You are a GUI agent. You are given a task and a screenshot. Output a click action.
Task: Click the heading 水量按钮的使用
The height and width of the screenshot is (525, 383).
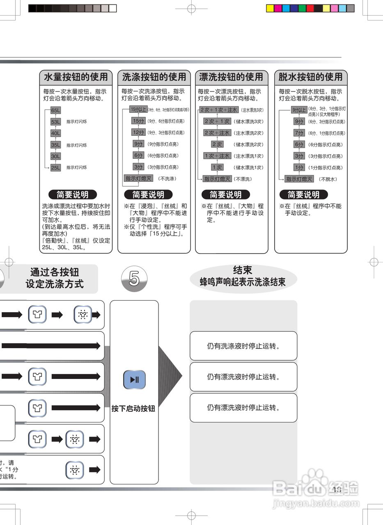(76, 77)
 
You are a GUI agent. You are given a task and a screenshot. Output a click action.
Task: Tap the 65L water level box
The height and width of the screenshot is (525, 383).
(55, 110)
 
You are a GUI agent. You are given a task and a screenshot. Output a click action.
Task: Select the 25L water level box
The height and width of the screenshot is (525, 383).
(55, 167)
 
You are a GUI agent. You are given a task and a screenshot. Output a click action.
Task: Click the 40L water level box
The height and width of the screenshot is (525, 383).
(55, 133)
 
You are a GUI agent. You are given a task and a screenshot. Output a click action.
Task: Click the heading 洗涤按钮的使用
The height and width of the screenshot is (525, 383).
(154, 77)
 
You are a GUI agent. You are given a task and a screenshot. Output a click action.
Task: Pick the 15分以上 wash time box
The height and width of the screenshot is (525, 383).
(138, 109)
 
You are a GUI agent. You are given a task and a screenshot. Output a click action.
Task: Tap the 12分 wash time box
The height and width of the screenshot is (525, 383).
(138, 132)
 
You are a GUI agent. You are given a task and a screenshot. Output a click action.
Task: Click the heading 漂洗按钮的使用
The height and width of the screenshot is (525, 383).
(231, 77)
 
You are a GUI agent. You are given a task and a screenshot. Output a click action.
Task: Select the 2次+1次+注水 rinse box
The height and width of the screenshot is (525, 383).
(218, 110)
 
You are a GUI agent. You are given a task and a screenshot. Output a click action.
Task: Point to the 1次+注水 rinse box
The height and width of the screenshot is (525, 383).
(217, 156)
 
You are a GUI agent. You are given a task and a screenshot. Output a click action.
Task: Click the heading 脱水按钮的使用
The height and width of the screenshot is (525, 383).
(310, 77)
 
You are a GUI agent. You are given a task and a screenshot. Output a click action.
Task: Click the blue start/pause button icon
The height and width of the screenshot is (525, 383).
(134, 379)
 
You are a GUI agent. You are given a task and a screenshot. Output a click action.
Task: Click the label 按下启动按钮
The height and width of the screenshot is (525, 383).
(133, 409)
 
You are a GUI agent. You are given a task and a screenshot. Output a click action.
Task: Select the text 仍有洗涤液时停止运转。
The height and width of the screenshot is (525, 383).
(243, 346)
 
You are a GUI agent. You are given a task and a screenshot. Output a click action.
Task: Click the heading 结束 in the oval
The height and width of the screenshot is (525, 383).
(243, 270)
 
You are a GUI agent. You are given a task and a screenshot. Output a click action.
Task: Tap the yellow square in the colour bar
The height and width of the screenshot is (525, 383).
(270, 8)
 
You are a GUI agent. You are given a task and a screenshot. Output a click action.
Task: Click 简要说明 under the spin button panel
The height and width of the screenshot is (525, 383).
(303, 194)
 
